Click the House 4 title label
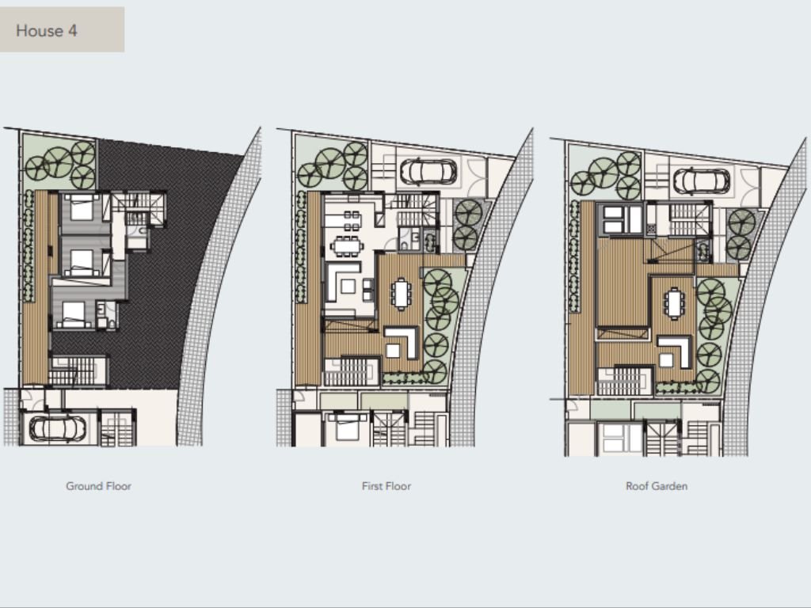pyautogui.click(x=47, y=31)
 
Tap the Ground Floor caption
pyautogui.click(x=98, y=486)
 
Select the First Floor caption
pyautogui.click(x=386, y=486)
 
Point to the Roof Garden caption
pyautogui.click(x=657, y=486)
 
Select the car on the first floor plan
pyautogui.click(x=428, y=172)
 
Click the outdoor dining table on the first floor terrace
pyautogui.click(x=401, y=294)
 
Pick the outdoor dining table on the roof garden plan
pyautogui.click(x=675, y=303)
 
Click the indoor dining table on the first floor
pyautogui.click(x=347, y=245)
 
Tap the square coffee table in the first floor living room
pyautogui.click(x=348, y=286)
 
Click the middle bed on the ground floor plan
pyautogui.click(x=82, y=261)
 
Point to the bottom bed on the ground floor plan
pyautogui.click(x=74, y=313)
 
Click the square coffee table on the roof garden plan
pyautogui.click(x=665, y=360)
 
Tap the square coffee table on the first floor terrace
pyautogui.click(x=393, y=351)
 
